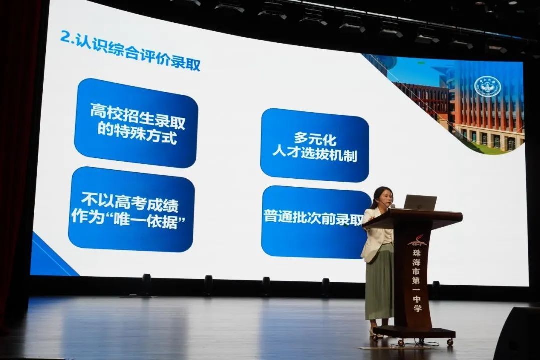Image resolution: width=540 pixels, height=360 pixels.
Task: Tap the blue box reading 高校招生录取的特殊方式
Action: pos(136,123)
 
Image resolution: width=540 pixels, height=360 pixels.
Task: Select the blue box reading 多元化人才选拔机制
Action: pos(314,145)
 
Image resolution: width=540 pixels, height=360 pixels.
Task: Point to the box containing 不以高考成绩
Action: pos(131,209)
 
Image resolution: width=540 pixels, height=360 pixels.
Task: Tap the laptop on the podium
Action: pos(420,202)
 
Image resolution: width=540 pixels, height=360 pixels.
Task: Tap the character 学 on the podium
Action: pos(417,307)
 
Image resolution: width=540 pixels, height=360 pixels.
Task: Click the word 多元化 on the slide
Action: pos(315,139)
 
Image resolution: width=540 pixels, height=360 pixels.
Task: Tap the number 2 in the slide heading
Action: pos(65,36)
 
